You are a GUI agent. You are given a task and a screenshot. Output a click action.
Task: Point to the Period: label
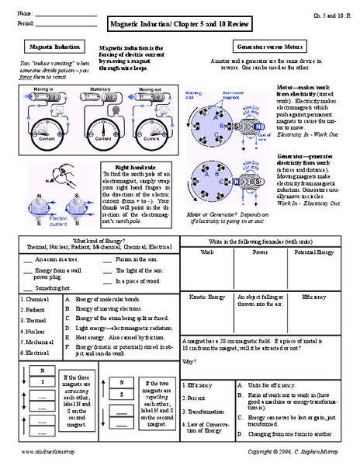25,24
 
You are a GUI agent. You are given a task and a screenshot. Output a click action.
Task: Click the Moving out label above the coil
151,89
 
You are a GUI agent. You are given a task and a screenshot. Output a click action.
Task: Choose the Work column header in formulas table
206,252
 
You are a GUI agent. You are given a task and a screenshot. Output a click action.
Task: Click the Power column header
260,252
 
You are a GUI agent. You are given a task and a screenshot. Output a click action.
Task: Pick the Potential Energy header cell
315,252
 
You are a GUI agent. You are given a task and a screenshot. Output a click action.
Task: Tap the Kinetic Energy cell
206,297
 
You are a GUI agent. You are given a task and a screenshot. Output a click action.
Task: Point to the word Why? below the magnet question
189,362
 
